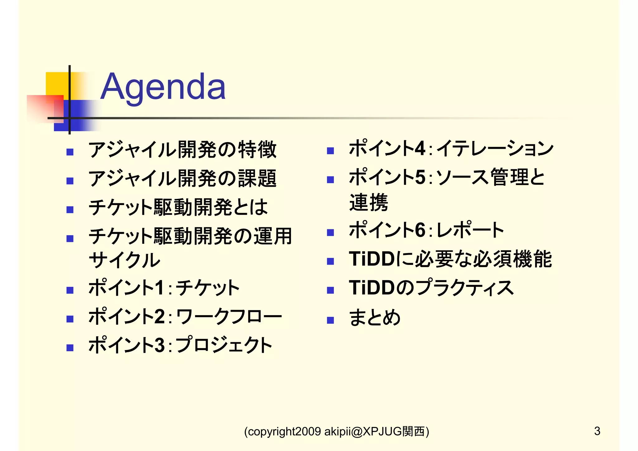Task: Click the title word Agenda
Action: pos(163,87)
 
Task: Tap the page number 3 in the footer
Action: pos(597,431)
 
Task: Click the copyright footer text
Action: pos(336,431)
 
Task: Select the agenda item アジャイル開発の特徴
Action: pos(183,150)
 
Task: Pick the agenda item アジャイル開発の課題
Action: pos(183,179)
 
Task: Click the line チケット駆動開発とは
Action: pos(178,207)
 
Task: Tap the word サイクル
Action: pos(124,260)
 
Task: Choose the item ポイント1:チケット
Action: pos(164,288)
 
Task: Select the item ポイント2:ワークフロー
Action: pos(185,316)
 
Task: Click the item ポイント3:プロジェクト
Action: pos(180,345)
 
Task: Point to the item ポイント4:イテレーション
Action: pos(451,148)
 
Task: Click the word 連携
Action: pos(369,203)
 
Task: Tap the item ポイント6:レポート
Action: pos(426,230)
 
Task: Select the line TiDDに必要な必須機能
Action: pos(450,259)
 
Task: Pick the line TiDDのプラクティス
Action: pos(431,288)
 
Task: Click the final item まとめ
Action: pos(375,318)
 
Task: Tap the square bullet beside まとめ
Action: pos(331,320)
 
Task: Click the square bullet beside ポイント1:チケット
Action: pos(70,290)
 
